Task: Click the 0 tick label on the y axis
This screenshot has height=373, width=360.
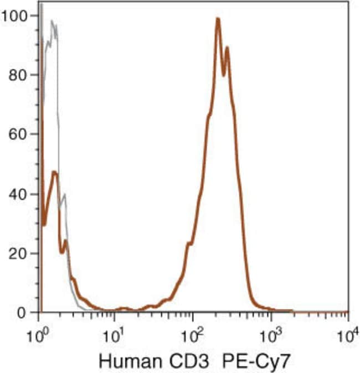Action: click(x=23, y=313)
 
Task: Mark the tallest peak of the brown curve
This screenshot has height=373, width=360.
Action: click(x=218, y=19)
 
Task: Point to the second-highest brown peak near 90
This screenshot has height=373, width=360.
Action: click(x=227, y=48)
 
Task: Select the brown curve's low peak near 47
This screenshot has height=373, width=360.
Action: click(x=54, y=173)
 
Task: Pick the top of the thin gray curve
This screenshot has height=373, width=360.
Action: click(x=52, y=22)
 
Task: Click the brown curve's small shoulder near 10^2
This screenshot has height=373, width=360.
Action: click(x=190, y=243)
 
